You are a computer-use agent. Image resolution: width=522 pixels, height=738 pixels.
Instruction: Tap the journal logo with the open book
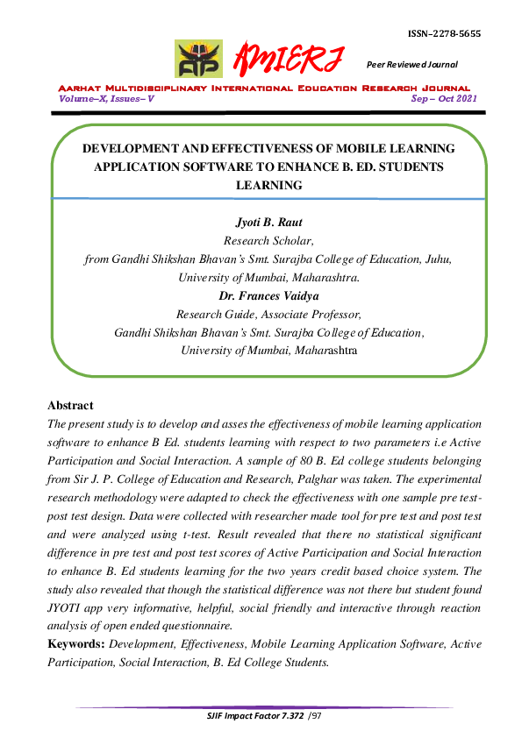198,60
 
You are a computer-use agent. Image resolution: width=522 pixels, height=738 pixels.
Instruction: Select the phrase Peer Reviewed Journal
411,65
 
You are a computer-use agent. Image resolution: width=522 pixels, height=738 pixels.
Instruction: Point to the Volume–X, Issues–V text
106,99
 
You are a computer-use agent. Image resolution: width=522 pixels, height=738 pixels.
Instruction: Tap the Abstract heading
69,406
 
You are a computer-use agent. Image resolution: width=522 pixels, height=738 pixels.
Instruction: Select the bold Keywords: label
75,644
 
